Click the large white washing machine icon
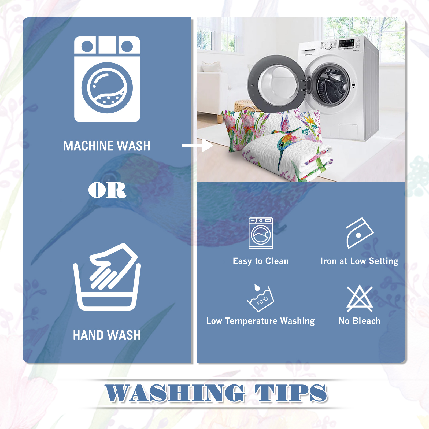(107, 79)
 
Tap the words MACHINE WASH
(107, 146)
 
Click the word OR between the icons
(107, 190)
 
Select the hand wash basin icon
(107, 277)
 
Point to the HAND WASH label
(107, 335)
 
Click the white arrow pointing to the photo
(198, 145)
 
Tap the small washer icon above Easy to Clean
(261, 233)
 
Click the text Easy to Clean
(261, 261)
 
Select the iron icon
(359, 233)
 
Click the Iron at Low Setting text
(359, 261)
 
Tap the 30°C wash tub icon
(261, 298)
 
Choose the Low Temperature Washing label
(260, 321)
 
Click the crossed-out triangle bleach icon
(360, 299)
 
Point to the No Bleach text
(359, 321)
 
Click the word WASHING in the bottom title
(175, 393)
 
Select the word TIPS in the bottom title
(291, 393)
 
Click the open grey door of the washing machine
(276, 84)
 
